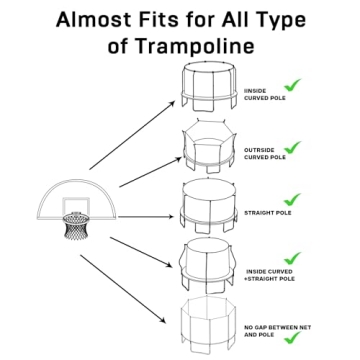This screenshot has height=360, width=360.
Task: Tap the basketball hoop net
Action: pos(77,227)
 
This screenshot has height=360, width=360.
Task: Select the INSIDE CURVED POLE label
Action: pos(263,95)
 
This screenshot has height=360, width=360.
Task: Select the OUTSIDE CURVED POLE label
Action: pos(265,154)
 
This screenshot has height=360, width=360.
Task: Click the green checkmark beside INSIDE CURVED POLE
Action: pos(293,86)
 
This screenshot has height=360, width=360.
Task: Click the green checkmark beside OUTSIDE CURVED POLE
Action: pos(293,147)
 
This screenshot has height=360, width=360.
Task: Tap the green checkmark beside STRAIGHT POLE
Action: pos(293,200)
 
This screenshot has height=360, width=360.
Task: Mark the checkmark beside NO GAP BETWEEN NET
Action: pos(293,338)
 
